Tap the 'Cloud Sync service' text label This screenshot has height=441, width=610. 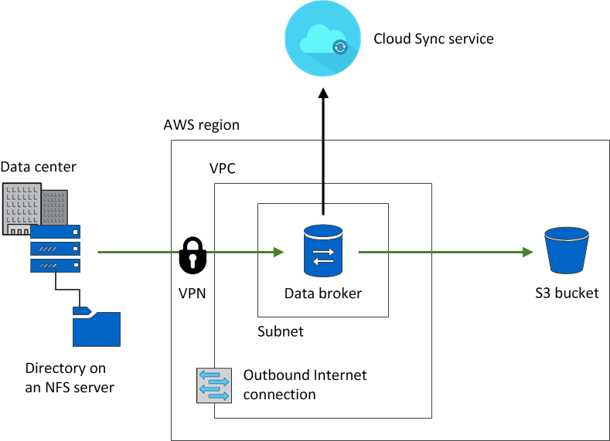pyautogui.click(x=433, y=39)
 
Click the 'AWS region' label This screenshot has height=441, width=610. pyautogui.click(x=202, y=125)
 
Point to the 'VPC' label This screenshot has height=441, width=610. pyautogui.click(x=223, y=168)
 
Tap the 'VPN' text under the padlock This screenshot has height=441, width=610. pyautogui.click(x=193, y=293)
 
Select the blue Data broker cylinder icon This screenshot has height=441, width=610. pyautogui.click(x=323, y=251)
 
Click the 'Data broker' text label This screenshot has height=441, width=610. pyautogui.click(x=323, y=293)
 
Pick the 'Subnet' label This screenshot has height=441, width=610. pyautogui.click(x=281, y=331)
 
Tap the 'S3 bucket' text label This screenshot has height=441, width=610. pyautogui.click(x=567, y=293)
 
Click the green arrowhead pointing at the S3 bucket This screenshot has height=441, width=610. pyautogui.click(x=527, y=252)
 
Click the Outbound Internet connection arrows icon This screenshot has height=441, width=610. pyautogui.click(x=214, y=385)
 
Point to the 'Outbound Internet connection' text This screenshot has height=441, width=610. pyautogui.click(x=305, y=385)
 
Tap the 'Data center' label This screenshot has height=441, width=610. pyautogui.click(x=39, y=167)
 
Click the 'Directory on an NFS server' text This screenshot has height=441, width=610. pyautogui.click(x=70, y=378)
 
